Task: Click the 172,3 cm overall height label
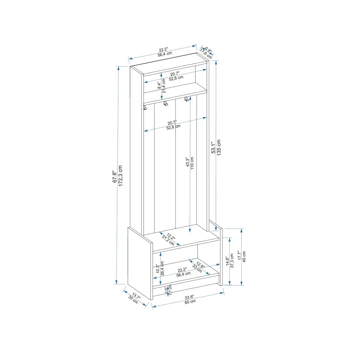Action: coord(120,176)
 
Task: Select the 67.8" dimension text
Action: coord(115,177)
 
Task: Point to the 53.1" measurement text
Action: coord(213,148)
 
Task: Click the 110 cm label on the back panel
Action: coord(192,163)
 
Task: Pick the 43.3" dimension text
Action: coord(187,162)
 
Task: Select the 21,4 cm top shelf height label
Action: coord(164,86)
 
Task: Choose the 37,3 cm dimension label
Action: coord(232,261)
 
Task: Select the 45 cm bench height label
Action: coord(244,257)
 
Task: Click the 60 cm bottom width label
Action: coord(190,301)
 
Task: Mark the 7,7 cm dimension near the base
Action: coord(170,290)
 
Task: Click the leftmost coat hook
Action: coord(145,107)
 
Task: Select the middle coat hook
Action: coord(166,104)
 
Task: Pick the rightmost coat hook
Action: coord(187,99)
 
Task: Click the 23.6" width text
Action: coord(189,297)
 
